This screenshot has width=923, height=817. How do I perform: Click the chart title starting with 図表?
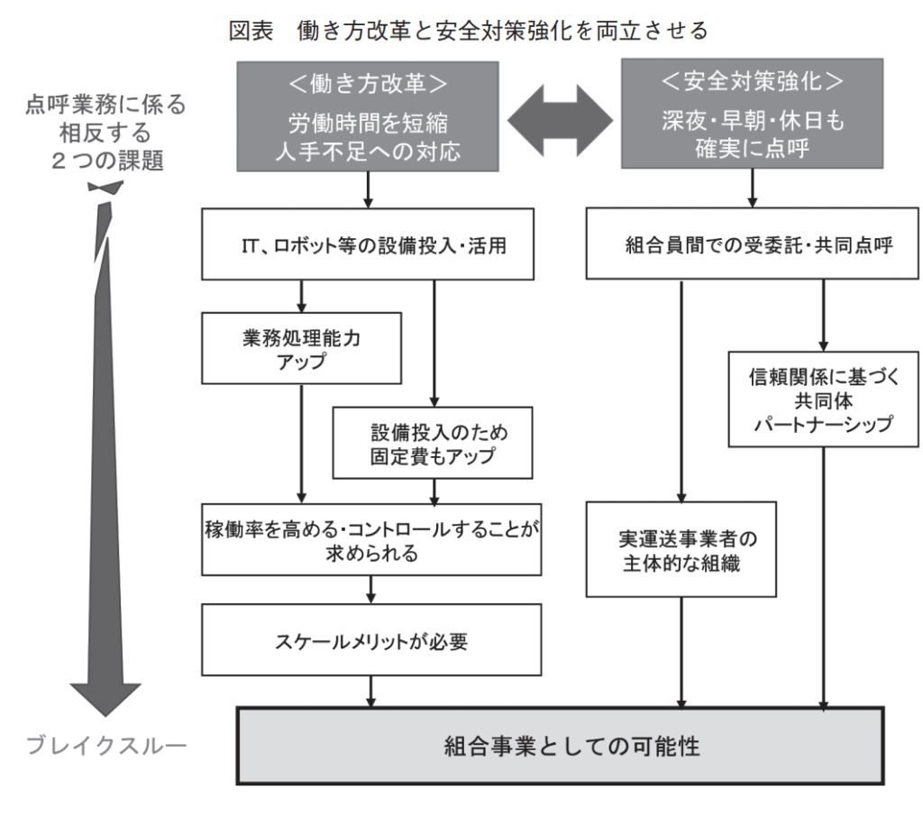pyautogui.click(x=469, y=31)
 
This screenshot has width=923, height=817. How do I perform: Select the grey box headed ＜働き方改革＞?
pyautogui.click(x=368, y=115)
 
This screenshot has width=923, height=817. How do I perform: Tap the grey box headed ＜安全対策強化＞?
pyautogui.click(x=753, y=115)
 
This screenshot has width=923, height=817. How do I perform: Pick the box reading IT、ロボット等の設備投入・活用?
pyautogui.click(x=368, y=244)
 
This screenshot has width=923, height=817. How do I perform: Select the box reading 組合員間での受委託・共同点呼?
pyautogui.click(x=753, y=244)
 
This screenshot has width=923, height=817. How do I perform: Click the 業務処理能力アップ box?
pyautogui.click(x=302, y=347)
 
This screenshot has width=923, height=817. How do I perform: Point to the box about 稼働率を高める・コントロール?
pyautogui.click(x=370, y=539)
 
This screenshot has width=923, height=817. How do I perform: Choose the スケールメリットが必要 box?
pyautogui.click(x=370, y=642)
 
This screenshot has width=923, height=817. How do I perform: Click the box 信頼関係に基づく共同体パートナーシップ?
pyautogui.click(x=820, y=399)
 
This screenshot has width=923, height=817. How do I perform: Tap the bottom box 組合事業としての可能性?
pyautogui.click(x=559, y=746)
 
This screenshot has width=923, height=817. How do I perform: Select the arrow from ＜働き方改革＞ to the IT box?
pyautogui.click(x=369, y=189)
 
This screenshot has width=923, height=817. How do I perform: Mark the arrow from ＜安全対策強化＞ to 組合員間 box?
pyautogui.click(x=753, y=189)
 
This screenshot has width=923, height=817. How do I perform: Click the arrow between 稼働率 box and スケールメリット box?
pyautogui.click(x=370, y=590)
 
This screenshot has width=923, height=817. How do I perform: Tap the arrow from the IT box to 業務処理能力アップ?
pyautogui.click(x=302, y=296)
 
